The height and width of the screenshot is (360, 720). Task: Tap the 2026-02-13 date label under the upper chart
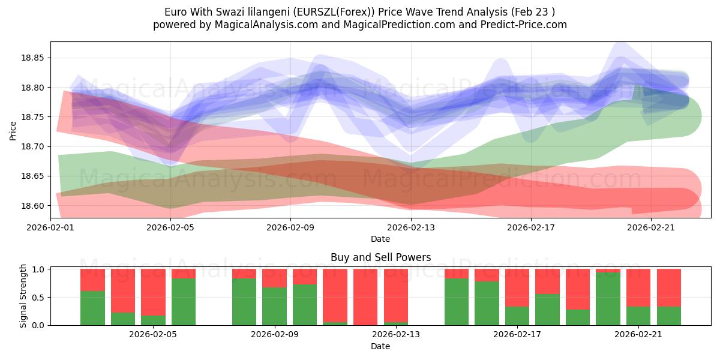tap(411, 227)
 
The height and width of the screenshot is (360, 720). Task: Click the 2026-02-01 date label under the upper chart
tap(50, 227)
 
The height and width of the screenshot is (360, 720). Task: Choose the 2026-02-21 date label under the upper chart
tap(652, 227)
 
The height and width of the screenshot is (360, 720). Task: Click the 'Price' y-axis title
tap(13, 130)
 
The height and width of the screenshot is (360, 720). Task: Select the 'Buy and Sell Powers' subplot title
tap(380, 257)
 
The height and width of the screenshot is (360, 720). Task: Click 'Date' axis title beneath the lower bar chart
tap(380, 346)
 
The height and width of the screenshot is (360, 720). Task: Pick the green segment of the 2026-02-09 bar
tap(274, 307)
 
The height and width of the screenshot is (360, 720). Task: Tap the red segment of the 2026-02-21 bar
tap(638, 287)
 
